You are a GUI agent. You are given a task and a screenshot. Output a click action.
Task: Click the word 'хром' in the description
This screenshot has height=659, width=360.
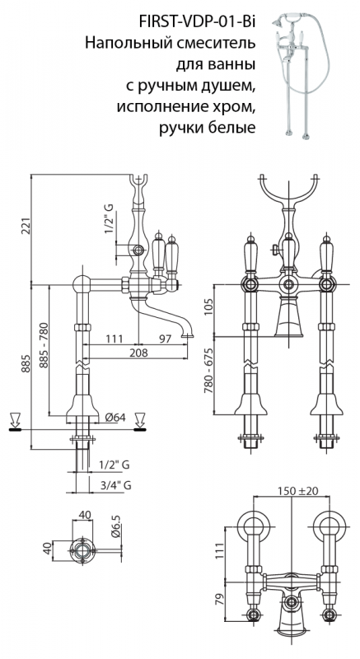[230, 109]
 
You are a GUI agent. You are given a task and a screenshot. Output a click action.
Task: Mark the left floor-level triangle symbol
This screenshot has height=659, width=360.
[15, 421]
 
